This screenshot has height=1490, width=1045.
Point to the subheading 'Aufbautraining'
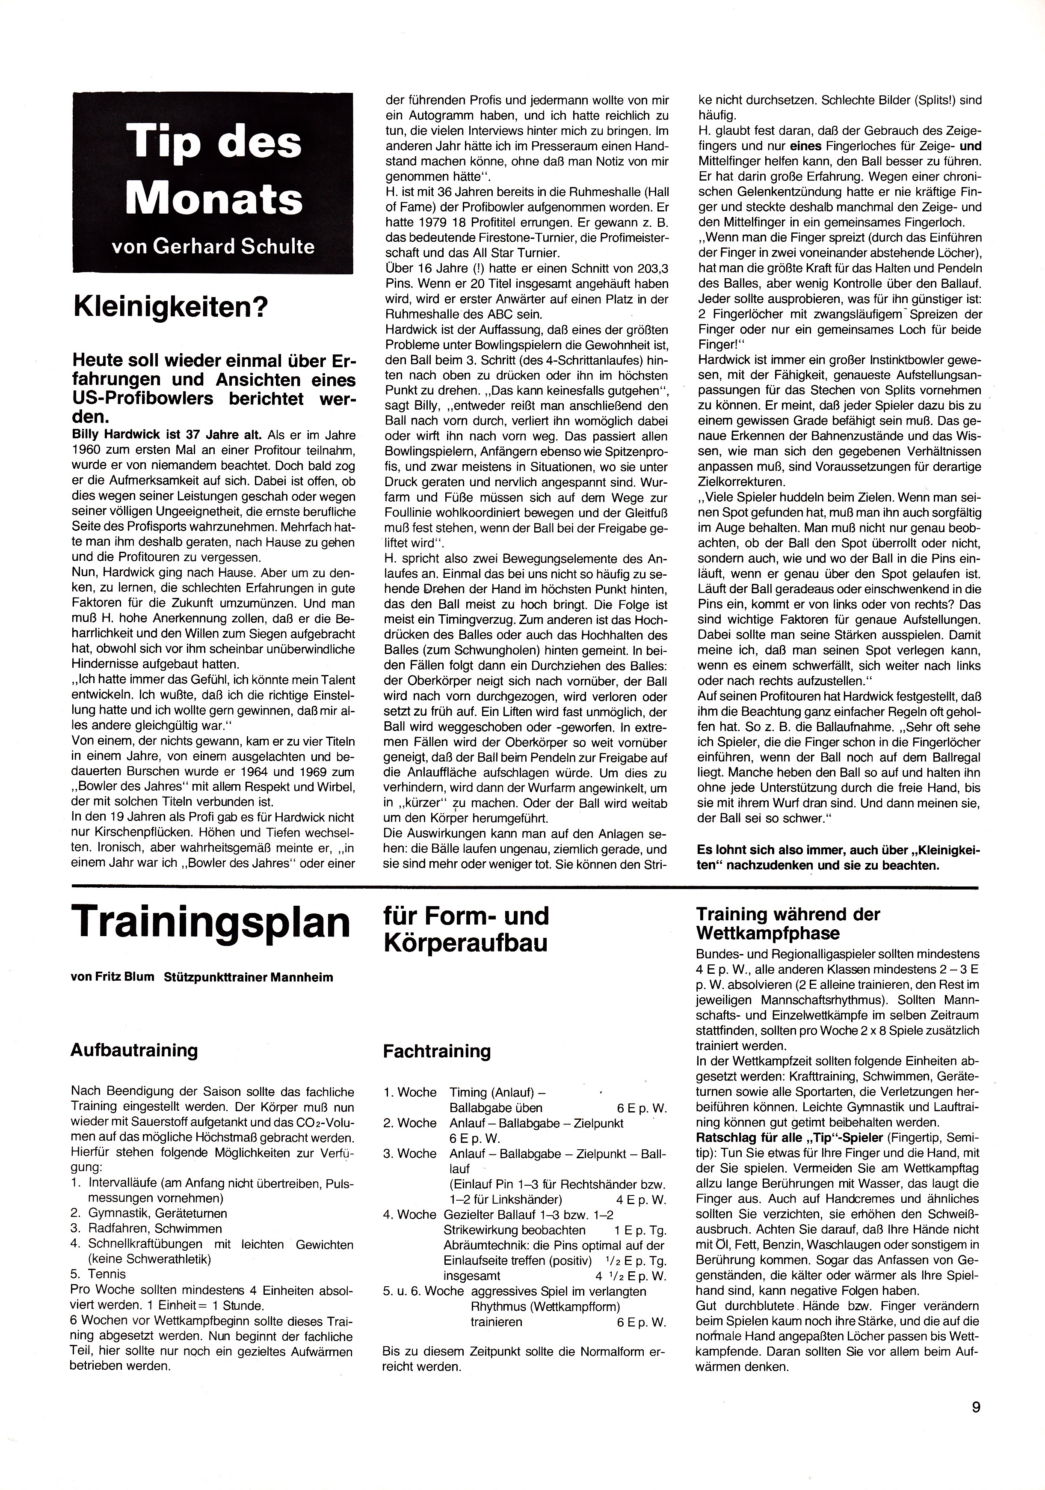click(134, 1051)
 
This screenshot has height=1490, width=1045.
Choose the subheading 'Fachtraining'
click(437, 1051)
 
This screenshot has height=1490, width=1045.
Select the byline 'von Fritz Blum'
click(113, 977)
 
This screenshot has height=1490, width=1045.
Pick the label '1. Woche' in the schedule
click(409, 1092)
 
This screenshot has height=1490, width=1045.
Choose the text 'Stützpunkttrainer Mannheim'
click(249, 977)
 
